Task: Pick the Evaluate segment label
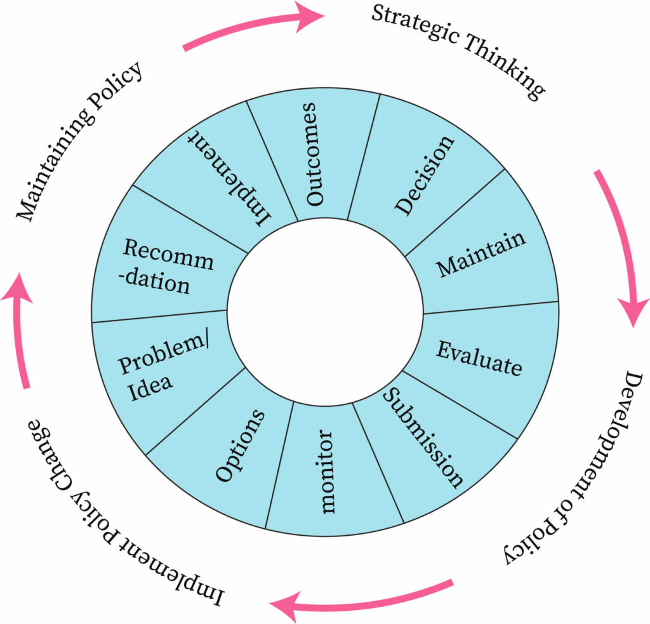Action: [479, 359]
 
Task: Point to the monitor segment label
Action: [326, 471]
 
